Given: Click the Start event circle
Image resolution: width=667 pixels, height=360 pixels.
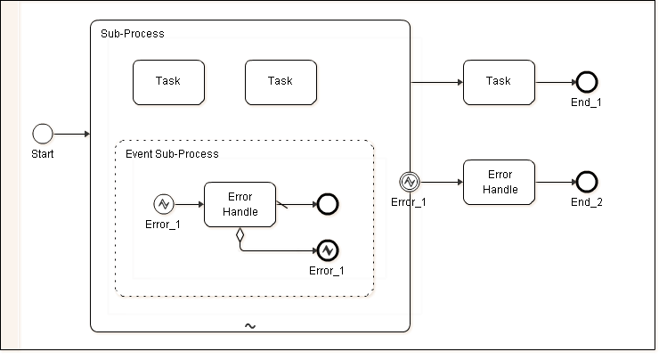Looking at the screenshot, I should coord(43,134).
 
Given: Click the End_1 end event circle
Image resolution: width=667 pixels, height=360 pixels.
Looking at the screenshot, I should coord(586,82).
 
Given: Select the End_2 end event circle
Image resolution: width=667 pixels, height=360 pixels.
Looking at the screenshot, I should coord(586,182).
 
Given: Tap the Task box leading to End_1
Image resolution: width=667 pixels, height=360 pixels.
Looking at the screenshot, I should coord(499,82).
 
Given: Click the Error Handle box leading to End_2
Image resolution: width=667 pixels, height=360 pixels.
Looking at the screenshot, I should coord(499,182).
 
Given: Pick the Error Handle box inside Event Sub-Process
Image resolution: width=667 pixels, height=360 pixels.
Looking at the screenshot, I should coord(240,204).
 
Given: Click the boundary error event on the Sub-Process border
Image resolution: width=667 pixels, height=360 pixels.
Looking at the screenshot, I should coord(409,182).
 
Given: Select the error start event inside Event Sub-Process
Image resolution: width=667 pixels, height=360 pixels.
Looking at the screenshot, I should coord(163,204).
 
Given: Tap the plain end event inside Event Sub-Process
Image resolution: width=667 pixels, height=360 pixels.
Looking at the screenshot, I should coord(327,204).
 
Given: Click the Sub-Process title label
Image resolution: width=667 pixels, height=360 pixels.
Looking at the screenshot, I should coord(131,34).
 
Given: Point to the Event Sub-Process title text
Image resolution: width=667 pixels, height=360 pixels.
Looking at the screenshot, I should coord(172,154).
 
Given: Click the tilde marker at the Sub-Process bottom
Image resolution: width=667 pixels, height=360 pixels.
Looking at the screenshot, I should coord(250,326).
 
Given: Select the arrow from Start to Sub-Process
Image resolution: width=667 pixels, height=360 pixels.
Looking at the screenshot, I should coord(72,134).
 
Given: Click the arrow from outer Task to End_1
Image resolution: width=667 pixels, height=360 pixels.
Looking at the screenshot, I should coord(555,82).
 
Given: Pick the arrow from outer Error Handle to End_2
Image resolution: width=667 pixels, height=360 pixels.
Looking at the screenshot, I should coord(555,182).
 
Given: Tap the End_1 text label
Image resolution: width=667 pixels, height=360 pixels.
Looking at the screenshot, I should coord(586,102).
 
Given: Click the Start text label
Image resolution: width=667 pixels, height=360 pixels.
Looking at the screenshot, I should coord(42,153).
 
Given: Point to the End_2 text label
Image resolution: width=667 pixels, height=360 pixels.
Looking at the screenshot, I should coord(587,202).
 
